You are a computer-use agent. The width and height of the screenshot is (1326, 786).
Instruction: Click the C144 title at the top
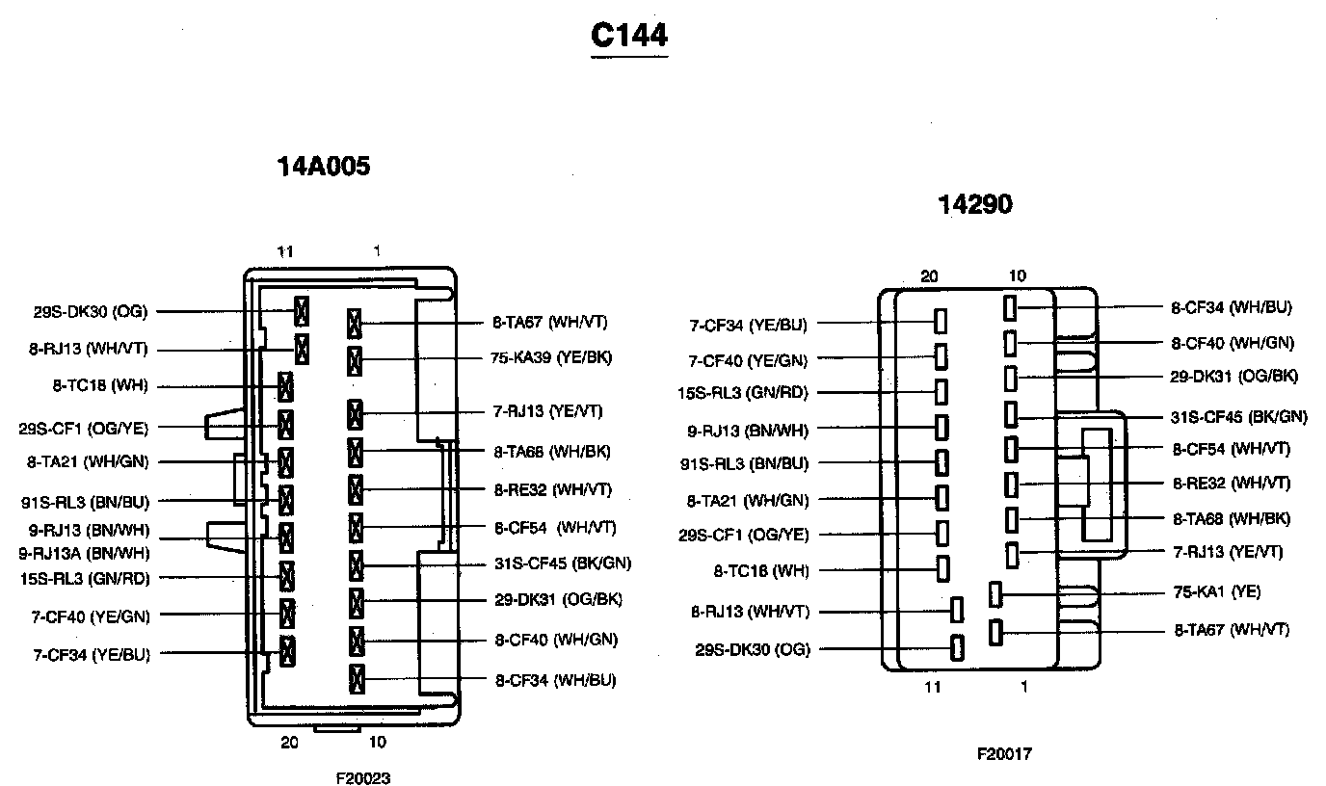[628, 36]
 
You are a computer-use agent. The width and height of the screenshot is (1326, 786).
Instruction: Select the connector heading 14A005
[324, 167]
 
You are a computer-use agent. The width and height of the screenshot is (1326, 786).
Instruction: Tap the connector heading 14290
[975, 204]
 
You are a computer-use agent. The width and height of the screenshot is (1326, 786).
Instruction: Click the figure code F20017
[1004, 754]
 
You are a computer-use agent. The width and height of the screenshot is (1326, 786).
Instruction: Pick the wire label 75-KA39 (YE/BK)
[551, 358]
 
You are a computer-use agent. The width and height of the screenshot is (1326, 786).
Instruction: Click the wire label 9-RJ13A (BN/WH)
[84, 553]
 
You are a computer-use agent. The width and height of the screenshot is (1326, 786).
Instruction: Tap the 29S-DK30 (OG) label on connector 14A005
[89, 311]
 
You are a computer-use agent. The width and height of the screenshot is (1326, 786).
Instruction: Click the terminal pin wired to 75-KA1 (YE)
[996, 594]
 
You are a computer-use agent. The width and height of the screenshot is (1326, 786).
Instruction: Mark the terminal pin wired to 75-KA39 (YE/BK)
[355, 362]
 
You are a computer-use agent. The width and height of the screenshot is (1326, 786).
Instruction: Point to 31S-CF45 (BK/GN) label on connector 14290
[1238, 417]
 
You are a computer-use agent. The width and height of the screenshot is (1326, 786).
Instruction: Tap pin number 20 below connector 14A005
[289, 743]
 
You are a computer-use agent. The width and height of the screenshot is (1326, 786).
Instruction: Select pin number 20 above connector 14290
[929, 276]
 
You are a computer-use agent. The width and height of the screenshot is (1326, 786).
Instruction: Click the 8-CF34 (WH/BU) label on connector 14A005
[555, 680]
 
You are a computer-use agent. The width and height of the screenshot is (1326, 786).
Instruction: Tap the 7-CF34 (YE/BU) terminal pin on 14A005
[286, 651]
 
